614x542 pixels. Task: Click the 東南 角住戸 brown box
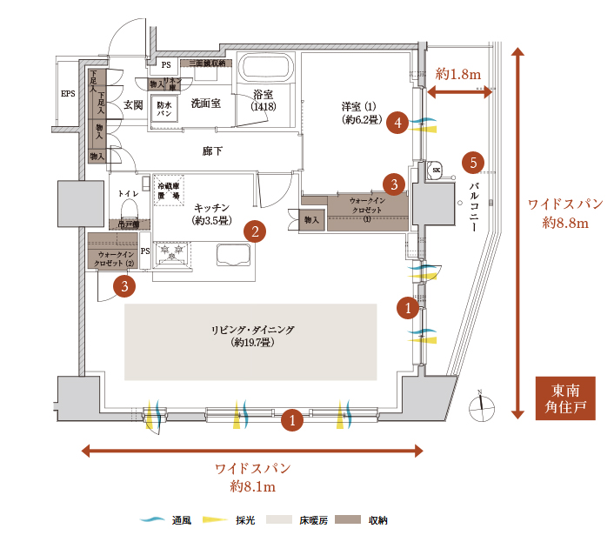click(x=565, y=399)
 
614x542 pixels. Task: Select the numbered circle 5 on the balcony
click(x=473, y=162)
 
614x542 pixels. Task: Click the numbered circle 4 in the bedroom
click(x=398, y=123)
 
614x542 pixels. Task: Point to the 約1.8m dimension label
click(x=459, y=75)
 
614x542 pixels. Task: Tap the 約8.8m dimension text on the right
click(x=566, y=223)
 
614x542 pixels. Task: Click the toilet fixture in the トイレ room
click(x=130, y=208)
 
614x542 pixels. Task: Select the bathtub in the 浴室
click(x=264, y=70)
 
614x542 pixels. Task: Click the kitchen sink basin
click(x=233, y=256)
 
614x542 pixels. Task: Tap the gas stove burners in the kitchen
click(x=170, y=253)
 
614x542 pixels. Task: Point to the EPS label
click(x=68, y=94)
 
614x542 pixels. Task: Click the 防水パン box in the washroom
click(x=164, y=110)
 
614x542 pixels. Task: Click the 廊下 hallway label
click(x=212, y=151)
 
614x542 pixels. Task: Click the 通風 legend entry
click(x=170, y=520)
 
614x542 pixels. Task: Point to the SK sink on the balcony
click(x=437, y=169)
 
